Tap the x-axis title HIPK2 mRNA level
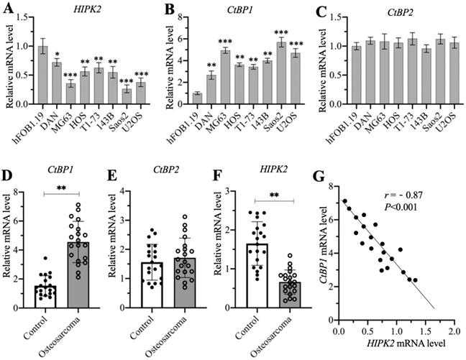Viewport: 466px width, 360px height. click(396, 346)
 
